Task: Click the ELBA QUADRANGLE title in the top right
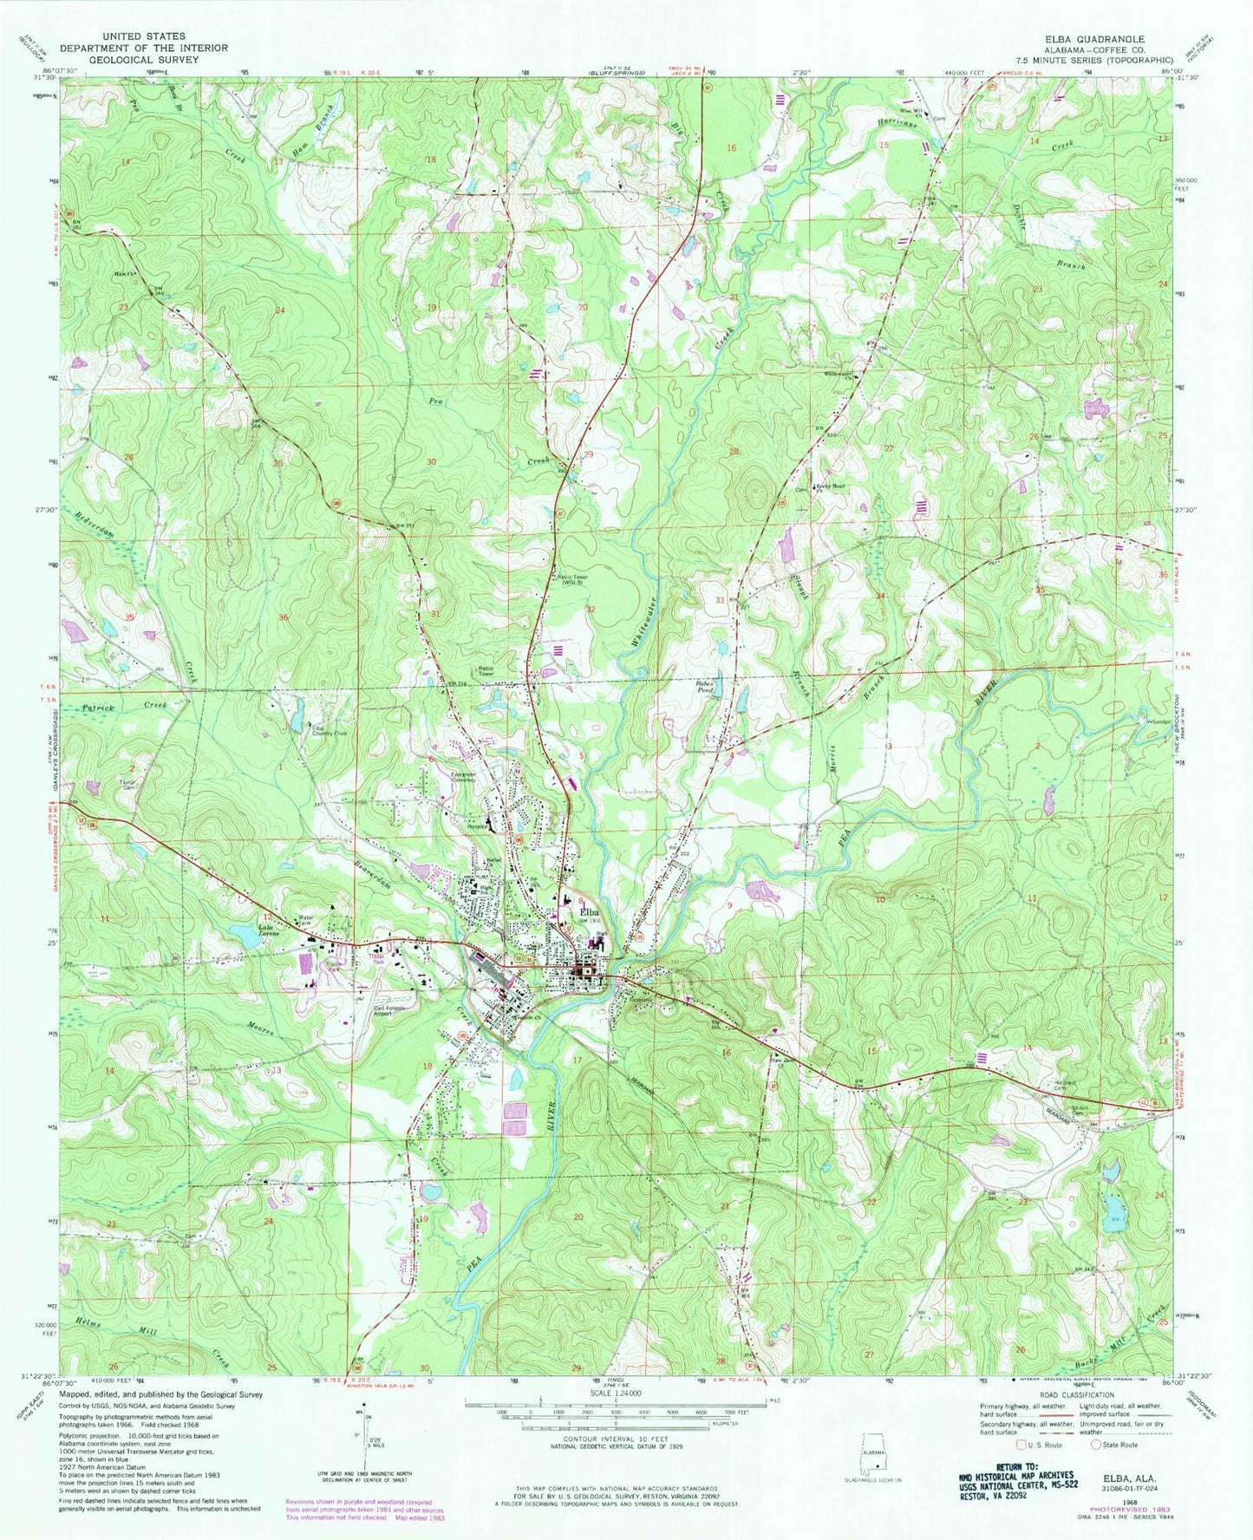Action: [1093, 39]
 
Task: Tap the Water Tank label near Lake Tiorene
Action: [304, 919]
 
